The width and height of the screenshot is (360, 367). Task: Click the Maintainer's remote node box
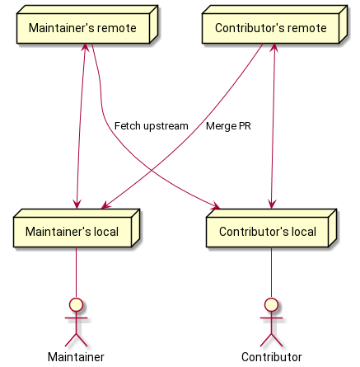point(87,25)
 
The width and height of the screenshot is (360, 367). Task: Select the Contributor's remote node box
point(274,25)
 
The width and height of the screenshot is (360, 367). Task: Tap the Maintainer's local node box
point(77,228)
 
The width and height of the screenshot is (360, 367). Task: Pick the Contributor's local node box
point(271,228)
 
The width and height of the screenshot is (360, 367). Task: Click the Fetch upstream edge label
point(152,126)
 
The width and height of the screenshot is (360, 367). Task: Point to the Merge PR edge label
point(228,126)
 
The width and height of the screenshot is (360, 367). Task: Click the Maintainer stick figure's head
point(77,304)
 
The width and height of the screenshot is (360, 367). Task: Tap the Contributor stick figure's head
point(271,304)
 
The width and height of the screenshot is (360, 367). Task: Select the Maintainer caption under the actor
point(76,357)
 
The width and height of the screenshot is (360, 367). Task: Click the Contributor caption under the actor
point(272,357)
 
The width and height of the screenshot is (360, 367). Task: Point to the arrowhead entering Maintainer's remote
point(86,47)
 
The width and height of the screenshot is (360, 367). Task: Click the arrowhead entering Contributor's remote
point(274,47)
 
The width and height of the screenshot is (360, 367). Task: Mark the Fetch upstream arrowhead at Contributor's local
point(216,206)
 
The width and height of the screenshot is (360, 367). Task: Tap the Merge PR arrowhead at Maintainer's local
point(105,205)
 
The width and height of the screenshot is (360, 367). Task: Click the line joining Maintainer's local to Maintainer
point(77,272)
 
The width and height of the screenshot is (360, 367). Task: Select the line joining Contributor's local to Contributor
point(271,272)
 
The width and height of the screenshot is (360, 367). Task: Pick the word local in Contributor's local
point(304,232)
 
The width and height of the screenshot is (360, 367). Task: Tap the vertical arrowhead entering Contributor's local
point(272,205)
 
